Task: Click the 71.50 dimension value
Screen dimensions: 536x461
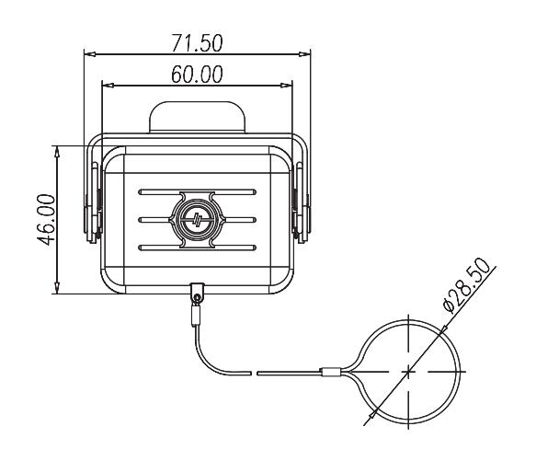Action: pyautogui.click(x=197, y=42)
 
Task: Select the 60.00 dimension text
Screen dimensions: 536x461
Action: pyautogui.click(x=197, y=75)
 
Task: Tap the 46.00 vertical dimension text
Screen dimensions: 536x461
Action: pyautogui.click(x=46, y=220)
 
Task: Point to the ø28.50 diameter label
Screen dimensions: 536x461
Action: pyautogui.click(x=469, y=285)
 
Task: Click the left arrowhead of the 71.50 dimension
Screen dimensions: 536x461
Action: pyautogui.click(x=89, y=54)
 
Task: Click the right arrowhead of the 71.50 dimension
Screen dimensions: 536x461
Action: pyautogui.click(x=304, y=54)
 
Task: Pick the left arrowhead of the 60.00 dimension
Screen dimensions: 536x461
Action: pyautogui.click(x=108, y=85)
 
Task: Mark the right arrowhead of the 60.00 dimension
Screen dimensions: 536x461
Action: pyautogui.click(x=287, y=85)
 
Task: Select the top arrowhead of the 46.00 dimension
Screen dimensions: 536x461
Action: pyautogui.click(x=57, y=152)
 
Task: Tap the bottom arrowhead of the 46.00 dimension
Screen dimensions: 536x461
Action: pyautogui.click(x=57, y=288)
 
